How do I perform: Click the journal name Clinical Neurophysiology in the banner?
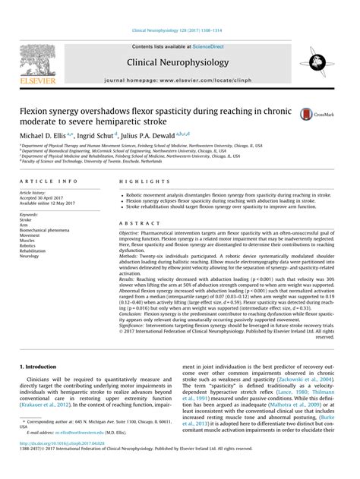[x=180, y=61]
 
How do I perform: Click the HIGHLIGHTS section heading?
[x=138, y=183]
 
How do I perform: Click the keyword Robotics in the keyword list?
[x=29, y=247]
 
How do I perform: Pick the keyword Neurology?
[x=30, y=256]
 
